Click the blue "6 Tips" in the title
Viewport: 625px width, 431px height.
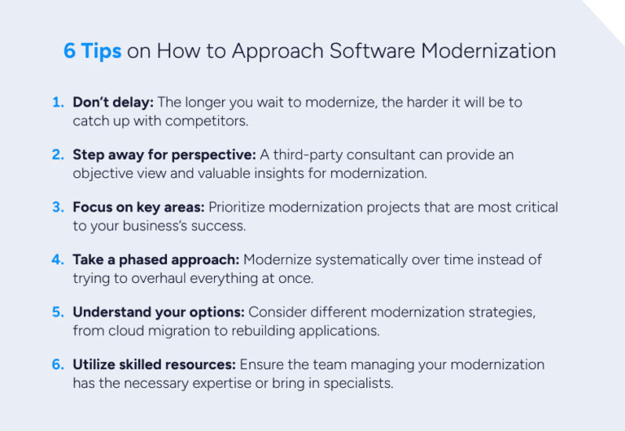coord(92,51)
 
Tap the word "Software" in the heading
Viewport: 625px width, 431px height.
coord(372,51)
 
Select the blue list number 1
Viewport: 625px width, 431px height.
coord(58,102)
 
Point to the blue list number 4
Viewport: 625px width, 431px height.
coord(58,259)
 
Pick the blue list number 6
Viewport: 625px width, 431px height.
coord(58,364)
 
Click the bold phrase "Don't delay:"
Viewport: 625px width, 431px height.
coord(113,102)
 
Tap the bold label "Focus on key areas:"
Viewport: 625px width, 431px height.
coord(139,207)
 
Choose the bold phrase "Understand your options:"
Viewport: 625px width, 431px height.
coord(159,312)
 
